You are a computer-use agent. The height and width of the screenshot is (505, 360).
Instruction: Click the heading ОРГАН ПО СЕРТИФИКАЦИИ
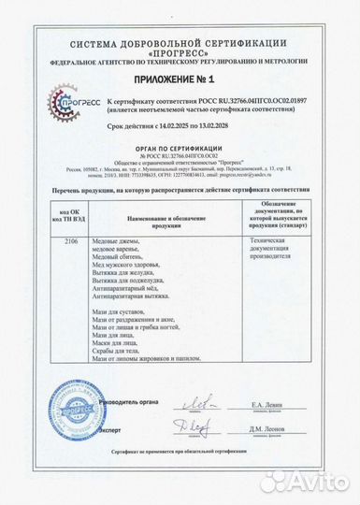click(180, 150)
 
